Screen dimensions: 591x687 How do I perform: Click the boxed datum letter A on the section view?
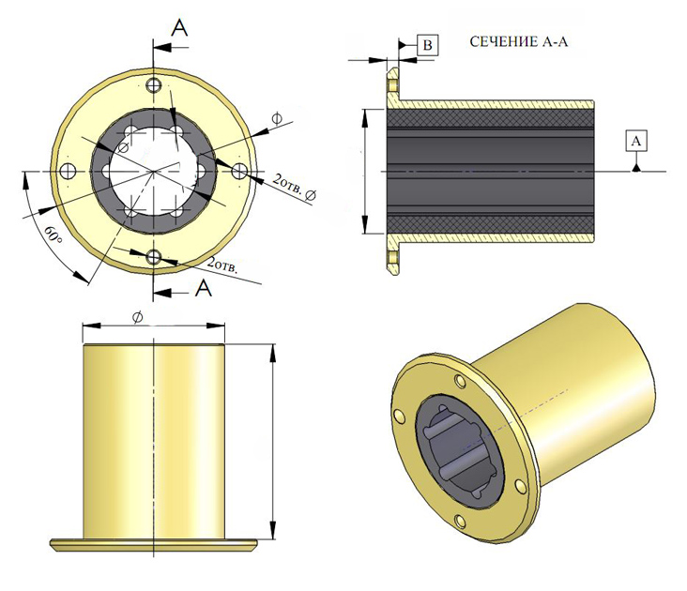click(637, 140)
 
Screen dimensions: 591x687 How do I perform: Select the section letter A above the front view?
click(180, 28)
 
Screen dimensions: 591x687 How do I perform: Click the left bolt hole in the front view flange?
click(68, 172)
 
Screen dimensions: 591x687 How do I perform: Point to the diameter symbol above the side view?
click(137, 318)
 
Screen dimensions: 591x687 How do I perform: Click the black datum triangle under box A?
click(637, 166)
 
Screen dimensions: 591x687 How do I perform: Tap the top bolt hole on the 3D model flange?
click(459, 381)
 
